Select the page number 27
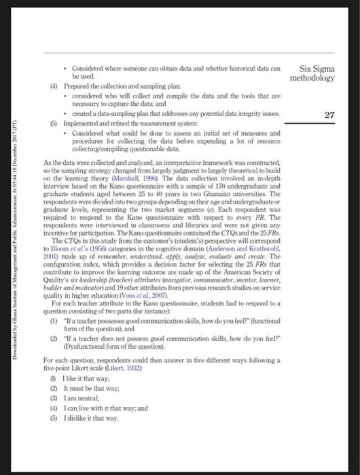click(x=329, y=115)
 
